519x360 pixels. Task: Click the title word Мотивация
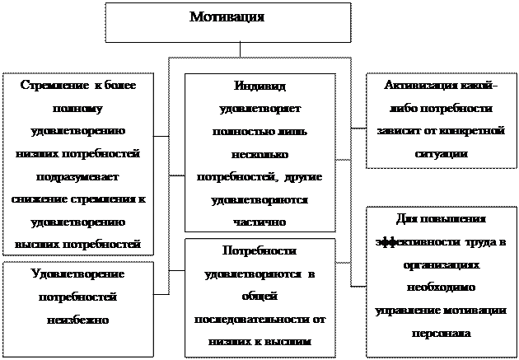[x=227, y=17]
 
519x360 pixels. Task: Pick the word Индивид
[x=259, y=86]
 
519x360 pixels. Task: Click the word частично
[x=259, y=221]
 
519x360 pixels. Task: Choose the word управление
[x=408, y=311]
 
